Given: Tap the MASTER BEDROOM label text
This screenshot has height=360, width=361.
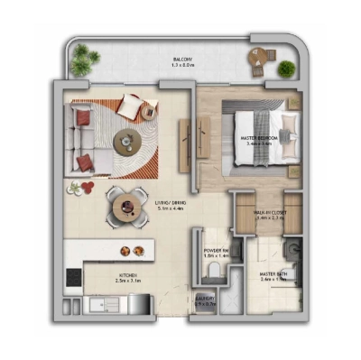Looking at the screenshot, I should pyautogui.click(x=259, y=140).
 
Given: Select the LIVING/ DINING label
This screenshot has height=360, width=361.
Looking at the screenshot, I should pyautogui.click(x=171, y=206).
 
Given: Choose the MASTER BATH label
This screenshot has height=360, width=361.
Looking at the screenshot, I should pyautogui.click(x=274, y=277).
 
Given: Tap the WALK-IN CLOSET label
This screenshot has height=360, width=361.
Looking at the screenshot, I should pyautogui.click(x=270, y=215).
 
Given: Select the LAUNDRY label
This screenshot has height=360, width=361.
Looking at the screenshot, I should pyautogui.click(x=205, y=303).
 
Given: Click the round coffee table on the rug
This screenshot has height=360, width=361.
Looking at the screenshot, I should pyautogui.click(x=126, y=141).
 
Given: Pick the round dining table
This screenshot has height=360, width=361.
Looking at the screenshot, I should pyautogui.click(x=125, y=206).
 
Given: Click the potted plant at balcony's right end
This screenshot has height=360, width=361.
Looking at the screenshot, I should pyautogui.click(x=287, y=68).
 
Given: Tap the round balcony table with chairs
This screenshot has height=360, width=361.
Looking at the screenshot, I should pyautogui.click(x=261, y=59).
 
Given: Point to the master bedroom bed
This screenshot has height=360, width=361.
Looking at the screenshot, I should pyautogui.click(x=264, y=135).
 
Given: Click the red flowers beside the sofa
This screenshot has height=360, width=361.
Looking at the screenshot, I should pyautogui.click(x=82, y=187).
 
